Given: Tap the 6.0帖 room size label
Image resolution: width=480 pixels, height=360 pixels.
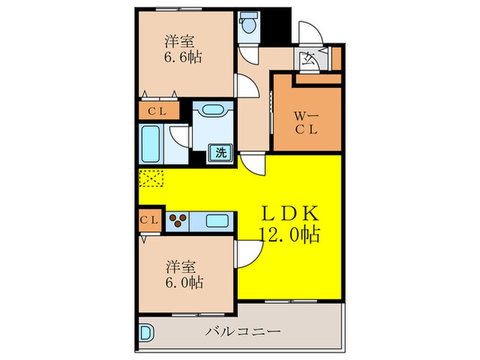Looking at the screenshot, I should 182,282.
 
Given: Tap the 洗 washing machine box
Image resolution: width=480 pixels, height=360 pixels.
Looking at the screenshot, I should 221,154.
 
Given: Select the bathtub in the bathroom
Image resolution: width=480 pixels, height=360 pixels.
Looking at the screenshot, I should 151,142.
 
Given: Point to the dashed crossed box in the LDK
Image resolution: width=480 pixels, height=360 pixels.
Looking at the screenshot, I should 152,178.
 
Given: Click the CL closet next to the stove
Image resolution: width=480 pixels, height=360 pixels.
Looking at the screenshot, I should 150,220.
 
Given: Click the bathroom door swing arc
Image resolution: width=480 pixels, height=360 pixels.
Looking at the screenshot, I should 180,135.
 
